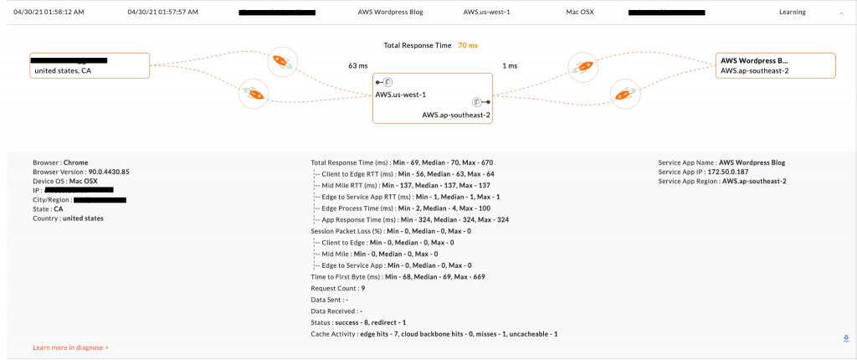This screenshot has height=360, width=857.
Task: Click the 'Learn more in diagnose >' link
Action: point(70,347)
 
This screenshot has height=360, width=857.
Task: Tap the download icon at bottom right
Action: point(846,338)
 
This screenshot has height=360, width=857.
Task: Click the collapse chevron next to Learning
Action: point(841,13)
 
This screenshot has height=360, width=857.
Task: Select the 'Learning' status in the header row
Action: point(792,13)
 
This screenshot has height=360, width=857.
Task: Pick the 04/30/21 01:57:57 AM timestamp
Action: point(163,13)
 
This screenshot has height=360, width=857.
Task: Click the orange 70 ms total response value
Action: point(467,44)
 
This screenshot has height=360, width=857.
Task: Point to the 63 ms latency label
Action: point(357,64)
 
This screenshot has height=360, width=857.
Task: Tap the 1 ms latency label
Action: point(509,64)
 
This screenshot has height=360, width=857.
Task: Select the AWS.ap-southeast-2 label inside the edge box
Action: point(455,114)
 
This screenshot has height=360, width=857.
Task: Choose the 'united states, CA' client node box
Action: point(90,65)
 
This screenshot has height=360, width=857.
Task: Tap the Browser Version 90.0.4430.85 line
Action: point(81,172)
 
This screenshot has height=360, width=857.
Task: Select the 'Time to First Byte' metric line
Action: point(398,276)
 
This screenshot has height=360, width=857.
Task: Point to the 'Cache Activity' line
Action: point(434,334)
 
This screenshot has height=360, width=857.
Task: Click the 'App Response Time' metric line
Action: point(415,219)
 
